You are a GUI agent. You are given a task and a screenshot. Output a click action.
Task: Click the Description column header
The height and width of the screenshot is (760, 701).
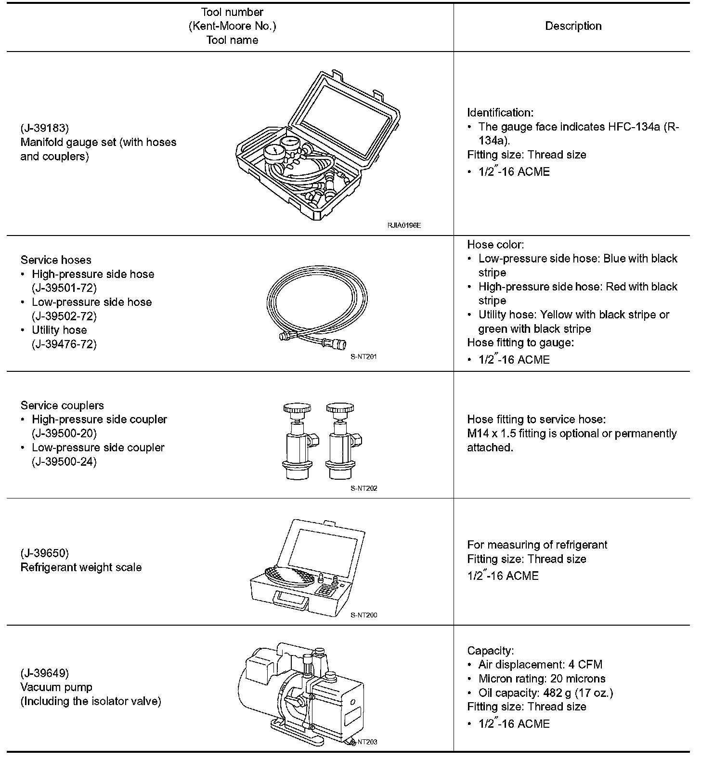pos(573,26)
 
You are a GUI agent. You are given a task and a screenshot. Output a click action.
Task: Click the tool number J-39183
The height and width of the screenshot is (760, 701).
pos(45,128)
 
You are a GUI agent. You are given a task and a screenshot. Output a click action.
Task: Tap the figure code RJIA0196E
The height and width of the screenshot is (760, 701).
pos(403,225)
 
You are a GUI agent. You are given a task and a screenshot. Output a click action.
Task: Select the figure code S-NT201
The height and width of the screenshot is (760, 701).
pos(363,357)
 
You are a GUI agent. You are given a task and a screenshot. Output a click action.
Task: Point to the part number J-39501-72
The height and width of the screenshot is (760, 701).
pos(64,288)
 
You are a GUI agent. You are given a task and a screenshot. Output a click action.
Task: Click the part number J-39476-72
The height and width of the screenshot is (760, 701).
pos(64,344)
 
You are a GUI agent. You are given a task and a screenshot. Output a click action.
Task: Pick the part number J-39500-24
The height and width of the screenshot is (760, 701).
pos(64,461)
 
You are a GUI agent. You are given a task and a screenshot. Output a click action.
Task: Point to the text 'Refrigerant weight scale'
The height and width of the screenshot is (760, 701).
pos(81,567)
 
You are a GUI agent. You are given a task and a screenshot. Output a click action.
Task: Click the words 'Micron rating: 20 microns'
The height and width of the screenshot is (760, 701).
pos(542,679)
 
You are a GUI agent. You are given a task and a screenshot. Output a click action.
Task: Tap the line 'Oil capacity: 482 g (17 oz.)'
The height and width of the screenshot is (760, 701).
pos(545,693)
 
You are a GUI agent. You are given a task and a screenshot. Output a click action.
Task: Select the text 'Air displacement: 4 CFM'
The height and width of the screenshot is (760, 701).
pos(540,665)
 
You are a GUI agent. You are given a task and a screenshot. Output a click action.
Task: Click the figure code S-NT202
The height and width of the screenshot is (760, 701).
pos(363,488)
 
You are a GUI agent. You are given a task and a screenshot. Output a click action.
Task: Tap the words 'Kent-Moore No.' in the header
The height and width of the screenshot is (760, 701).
pos(232,26)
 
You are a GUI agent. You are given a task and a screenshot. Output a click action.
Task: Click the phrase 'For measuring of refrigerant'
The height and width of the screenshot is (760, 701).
pos(537,545)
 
